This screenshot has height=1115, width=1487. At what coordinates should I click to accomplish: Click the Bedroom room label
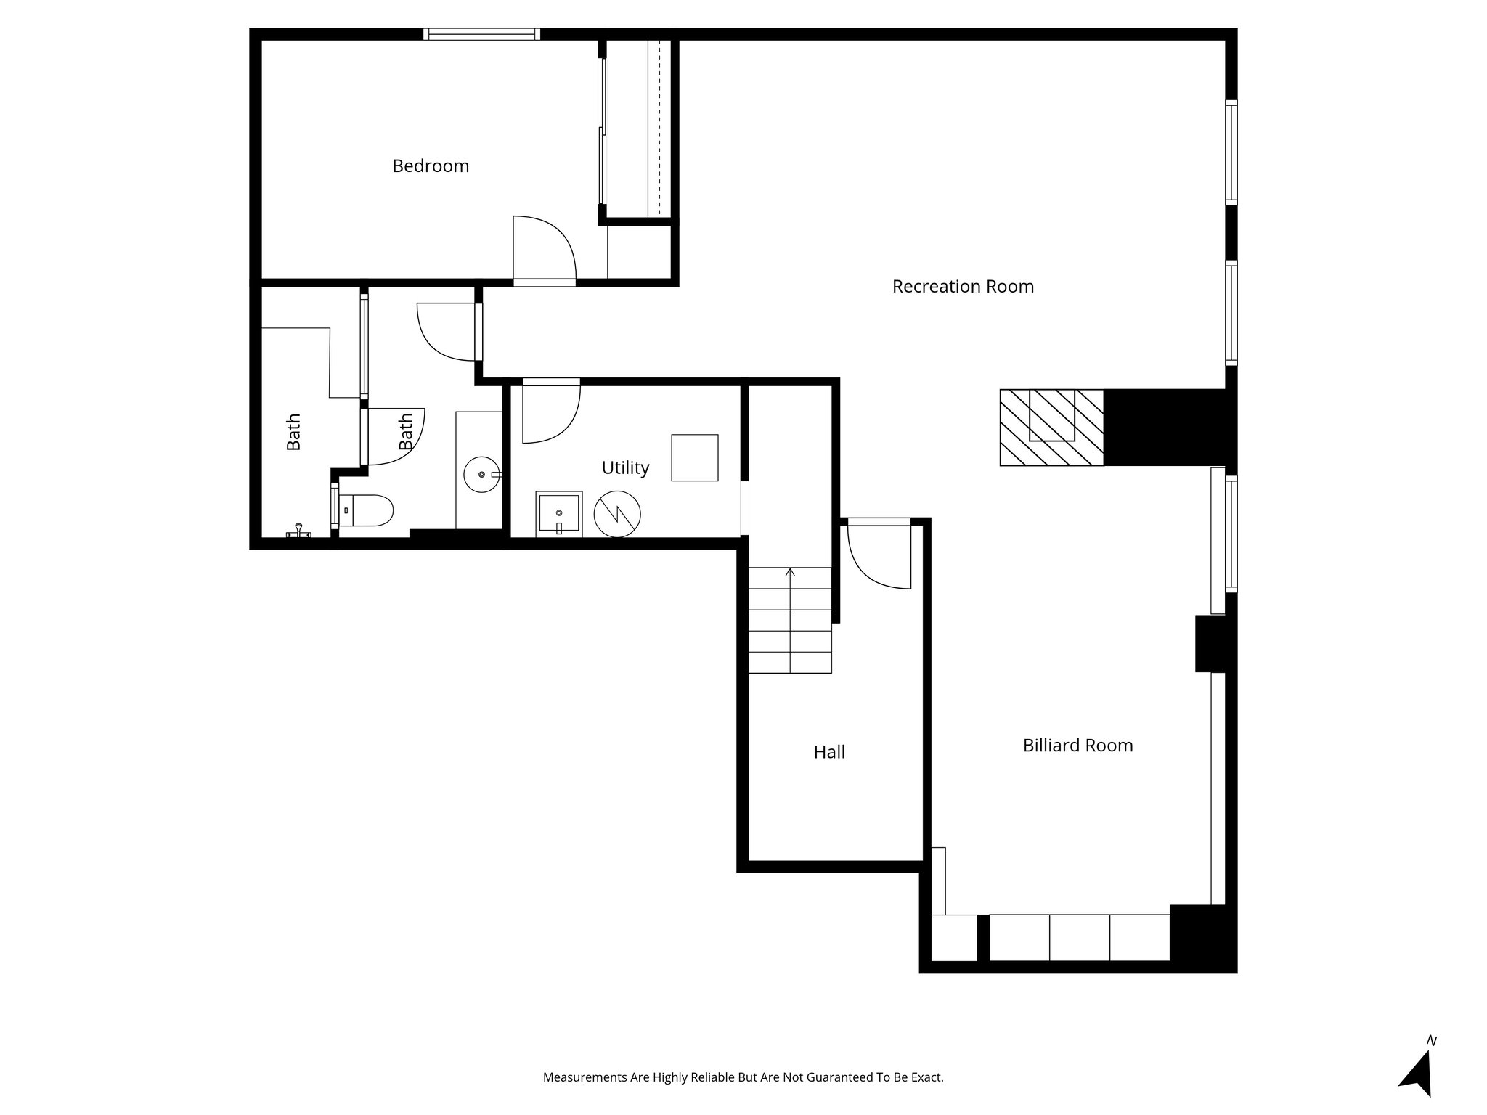pyautogui.click(x=431, y=166)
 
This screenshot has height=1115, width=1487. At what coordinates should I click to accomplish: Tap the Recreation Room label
pyautogui.click(x=963, y=287)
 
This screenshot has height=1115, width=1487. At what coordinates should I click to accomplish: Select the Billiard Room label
pyautogui.click(x=1077, y=746)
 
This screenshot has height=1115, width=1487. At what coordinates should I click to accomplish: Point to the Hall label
pyautogui.click(x=829, y=753)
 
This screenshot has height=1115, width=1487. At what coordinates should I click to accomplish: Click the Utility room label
pyautogui.click(x=625, y=468)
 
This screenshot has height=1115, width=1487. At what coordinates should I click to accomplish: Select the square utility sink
pyautogui.click(x=558, y=514)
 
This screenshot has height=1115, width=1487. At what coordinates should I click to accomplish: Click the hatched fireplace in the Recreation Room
pyautogui.click(x=1051, y=428)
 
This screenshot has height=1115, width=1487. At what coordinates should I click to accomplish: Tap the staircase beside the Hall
pyautogui.click(x=790, y=620)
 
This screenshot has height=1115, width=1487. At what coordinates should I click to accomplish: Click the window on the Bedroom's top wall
pyautogui.click(x=482, y=34)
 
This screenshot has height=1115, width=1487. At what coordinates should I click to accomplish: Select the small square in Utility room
pyautogui.click(x=694, y=457)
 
